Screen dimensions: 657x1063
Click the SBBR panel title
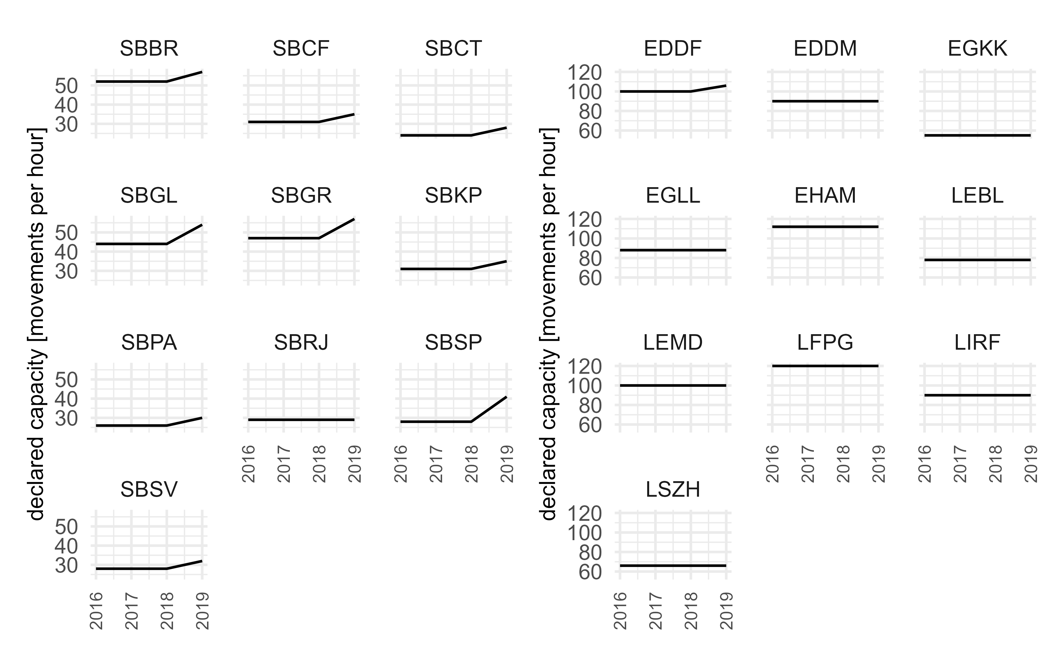coord(149,49)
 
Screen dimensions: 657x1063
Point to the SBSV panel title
coord(149,490)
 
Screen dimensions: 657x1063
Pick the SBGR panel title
coord(301,195)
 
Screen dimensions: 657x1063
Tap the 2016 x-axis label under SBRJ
coord(249,464)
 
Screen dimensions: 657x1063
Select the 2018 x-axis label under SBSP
coord(472,464)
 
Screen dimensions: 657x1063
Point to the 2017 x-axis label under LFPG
coord(807,464)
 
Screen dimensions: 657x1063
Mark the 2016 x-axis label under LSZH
coord(620,610)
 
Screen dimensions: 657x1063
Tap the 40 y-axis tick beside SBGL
coord(66,252)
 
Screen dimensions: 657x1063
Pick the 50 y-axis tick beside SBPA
coord(66,380)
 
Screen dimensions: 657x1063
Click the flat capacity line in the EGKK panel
coord(977,136)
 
